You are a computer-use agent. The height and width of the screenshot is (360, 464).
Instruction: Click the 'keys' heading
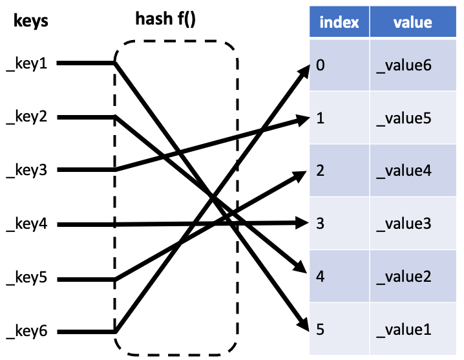(x=30, y=22)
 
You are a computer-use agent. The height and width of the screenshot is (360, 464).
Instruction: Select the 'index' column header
(x=339, y=23)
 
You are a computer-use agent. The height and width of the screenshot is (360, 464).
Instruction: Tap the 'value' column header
(x=412, y=23)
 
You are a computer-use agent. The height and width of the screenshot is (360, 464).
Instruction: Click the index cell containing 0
(x=339, y=65)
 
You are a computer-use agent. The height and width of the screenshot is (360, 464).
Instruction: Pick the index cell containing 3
(x=339, y=224)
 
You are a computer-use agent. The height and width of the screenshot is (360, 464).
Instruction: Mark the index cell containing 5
(x=339, y=330)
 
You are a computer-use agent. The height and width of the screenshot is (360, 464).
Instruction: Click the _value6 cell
(x=412, y=65)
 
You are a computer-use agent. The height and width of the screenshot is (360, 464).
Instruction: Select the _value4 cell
(x=412, y=171)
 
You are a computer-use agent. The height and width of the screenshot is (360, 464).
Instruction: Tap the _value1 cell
(x=412, y=330)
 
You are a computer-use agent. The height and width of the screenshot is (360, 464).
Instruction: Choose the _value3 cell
(x=412, y=224)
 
